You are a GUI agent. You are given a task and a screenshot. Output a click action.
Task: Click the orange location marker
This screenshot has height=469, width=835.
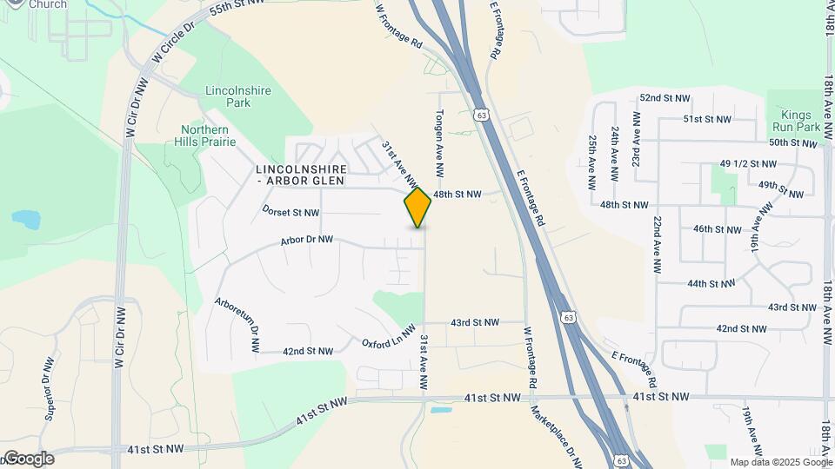[417, 208]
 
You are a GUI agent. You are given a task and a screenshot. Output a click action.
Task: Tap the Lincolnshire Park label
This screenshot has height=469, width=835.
[237, 96]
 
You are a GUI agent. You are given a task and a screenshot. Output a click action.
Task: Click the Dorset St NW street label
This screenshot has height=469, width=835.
[291, 212]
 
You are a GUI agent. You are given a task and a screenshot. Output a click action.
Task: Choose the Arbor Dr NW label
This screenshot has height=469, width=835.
[308, 242]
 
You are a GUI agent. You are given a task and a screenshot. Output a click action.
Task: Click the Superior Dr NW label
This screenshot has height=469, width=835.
[49, 388]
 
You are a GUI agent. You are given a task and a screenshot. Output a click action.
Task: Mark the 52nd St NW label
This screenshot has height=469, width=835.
[665, 99]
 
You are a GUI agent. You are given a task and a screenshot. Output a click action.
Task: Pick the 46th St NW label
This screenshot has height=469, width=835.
[717, 229]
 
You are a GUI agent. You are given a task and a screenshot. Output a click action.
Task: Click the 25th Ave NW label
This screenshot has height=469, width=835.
[592, 162]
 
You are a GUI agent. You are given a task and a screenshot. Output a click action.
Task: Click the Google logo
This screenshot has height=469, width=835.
[28, 459]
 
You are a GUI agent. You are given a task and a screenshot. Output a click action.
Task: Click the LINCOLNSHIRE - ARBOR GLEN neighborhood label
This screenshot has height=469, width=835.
[302, 175]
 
